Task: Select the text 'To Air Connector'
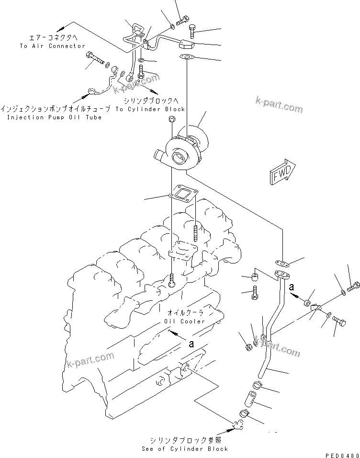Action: point(52,46)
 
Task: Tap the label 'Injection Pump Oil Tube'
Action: point(54,117)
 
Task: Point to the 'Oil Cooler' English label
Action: point(184,321)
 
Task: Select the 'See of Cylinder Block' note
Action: point(185,449)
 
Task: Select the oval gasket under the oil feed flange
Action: point(186,58)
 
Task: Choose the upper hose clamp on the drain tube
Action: point(254,385)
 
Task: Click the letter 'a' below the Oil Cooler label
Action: point(191,343)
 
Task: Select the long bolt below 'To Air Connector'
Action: point(95,60)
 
